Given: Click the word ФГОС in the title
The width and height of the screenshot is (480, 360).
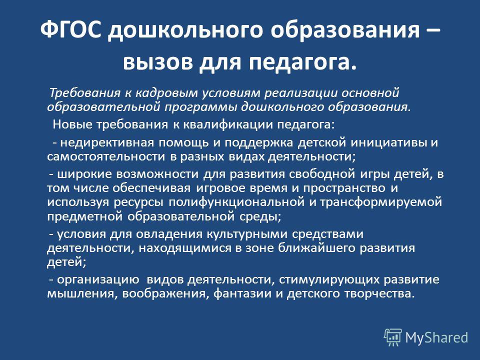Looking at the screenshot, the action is click(70, 30).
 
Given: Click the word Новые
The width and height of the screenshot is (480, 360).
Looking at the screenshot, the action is click(72, 124).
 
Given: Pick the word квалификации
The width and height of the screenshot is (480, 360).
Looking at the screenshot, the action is click(228, 125).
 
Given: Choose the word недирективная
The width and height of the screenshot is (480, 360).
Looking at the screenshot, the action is click(108, 143).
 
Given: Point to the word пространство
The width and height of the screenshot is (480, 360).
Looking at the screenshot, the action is click(344, 188).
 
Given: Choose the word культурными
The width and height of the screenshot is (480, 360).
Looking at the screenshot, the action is click(247, 234).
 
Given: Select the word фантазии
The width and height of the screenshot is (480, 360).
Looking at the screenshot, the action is click(242, 293).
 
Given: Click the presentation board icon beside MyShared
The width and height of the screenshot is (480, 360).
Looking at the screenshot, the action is click(393, 337).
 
